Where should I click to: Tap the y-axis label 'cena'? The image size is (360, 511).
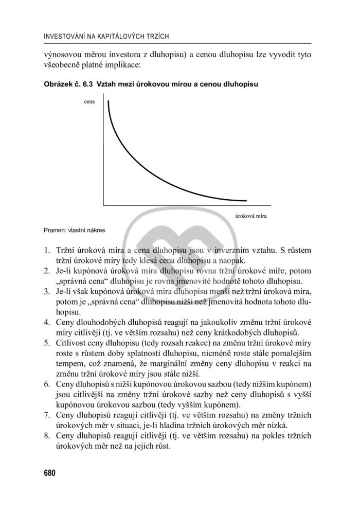[89, 102]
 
